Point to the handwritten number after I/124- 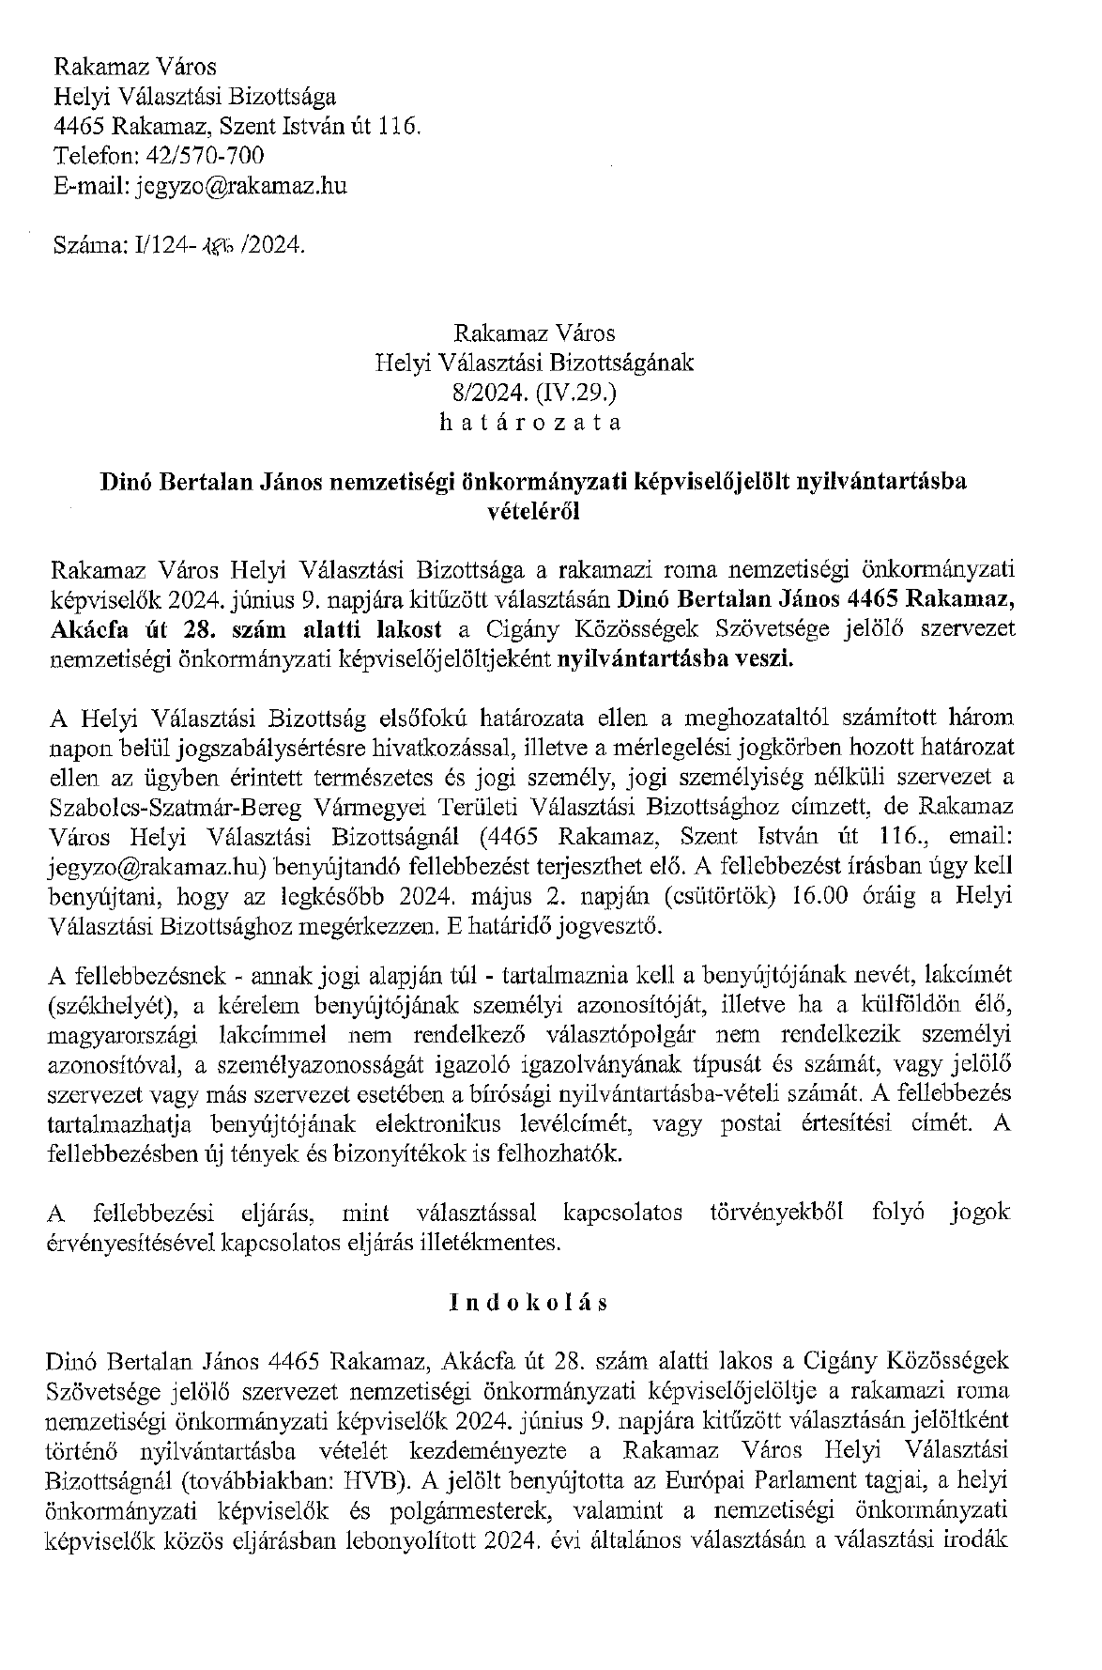218,246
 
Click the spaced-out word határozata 530,423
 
